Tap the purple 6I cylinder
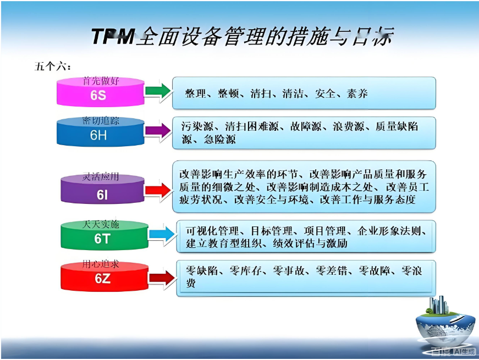tap(102, 193)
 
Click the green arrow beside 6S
tap(158, 91)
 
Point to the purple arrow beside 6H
tap(157, 131)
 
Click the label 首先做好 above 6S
tap(101, 81)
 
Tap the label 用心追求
tap(101, 265)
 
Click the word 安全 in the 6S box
tap(325, 93)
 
